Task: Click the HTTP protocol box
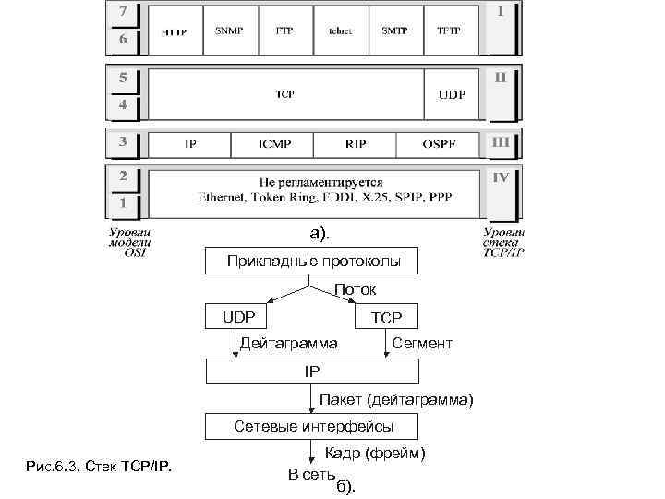[175, 30]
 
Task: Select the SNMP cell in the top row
[230, 30]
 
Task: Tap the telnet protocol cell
[341, 30]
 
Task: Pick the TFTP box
[453, 30]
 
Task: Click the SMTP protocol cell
[396, 30]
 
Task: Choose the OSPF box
[439, 145]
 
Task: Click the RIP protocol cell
[355, 145]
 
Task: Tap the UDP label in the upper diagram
[452, 95]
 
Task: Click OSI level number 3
[121, 143]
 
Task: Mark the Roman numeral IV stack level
[501, 176]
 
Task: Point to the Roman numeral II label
[500, 78]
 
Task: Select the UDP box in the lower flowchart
[237, 317]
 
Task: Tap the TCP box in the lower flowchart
[386, 317]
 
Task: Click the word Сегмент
[422, 344]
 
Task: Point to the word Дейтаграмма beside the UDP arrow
[288, 344]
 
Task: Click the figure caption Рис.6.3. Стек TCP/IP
[102, 463]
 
